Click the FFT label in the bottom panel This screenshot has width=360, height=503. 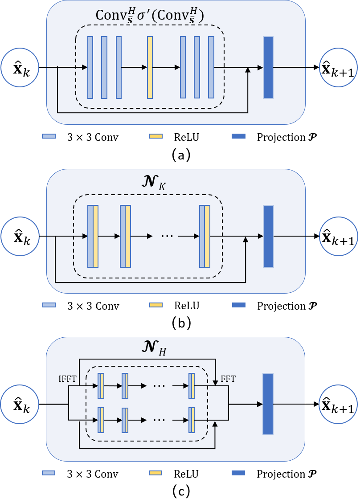coord(228,380)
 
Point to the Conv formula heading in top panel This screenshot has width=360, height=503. coord(150,16)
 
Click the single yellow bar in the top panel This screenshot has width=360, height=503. coord(150,67)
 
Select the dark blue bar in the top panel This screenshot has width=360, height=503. coord(268,67)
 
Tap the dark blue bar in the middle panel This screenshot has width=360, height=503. coord(268,236)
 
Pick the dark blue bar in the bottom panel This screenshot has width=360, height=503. coord(268,404)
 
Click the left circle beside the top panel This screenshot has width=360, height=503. coord(20,67)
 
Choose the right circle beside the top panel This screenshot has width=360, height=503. coord(339,67)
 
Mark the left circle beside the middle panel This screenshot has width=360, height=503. coord(20,236)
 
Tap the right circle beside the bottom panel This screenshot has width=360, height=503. coord(339,404)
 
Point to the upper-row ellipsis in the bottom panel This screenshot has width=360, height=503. coord(159,386)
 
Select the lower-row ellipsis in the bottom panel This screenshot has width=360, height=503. coord(159,420)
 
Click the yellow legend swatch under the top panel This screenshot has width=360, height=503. coord(155,136)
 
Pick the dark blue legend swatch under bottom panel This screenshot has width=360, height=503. coord(238,473)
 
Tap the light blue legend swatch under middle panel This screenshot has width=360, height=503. coord(49,305)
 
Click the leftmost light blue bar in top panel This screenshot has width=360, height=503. coord(90,67)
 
